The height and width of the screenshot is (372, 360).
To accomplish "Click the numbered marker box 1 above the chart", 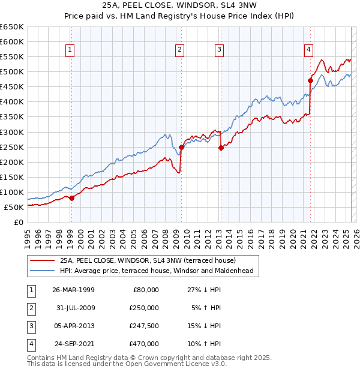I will pos(71,50).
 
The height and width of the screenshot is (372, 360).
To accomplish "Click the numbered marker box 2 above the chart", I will pos(180,50).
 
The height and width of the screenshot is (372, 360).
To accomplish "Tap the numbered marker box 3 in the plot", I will pos(220,50).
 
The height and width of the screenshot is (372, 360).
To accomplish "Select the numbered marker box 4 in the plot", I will pos(308,50).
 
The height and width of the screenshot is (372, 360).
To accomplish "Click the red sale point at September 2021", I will pos(310,80).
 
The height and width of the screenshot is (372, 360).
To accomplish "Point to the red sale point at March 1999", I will pos(71,198).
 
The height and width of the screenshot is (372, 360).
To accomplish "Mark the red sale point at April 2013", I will pos(220,148).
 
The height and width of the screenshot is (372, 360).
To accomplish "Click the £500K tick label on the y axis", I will pos(12,72).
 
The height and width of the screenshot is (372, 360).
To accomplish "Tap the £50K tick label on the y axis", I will pos(14,207).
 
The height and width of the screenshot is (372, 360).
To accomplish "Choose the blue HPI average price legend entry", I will pos(157,271).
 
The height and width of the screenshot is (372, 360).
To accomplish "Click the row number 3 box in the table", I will pos(31,326).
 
